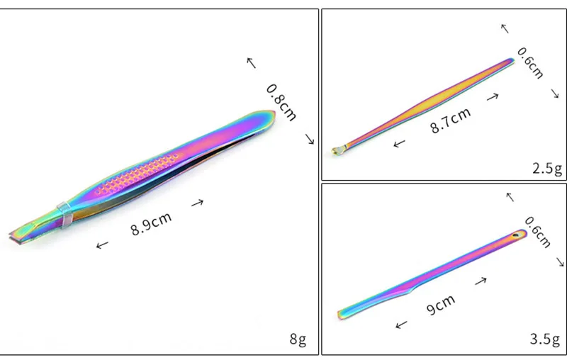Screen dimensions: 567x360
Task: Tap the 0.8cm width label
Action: (x=281, y=102)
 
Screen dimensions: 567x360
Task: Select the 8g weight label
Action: (x=298, y=339)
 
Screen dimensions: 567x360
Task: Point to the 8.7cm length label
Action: (x=451, y=120)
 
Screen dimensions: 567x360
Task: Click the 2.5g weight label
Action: (x=547, y=169)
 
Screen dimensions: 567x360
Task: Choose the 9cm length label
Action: (x=440, y=305)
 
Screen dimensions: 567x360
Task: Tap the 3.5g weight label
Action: (x=545, y=339)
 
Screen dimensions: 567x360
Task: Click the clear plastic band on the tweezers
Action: (x=65, y=215)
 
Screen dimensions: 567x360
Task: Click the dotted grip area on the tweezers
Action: (x=137, y=174)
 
